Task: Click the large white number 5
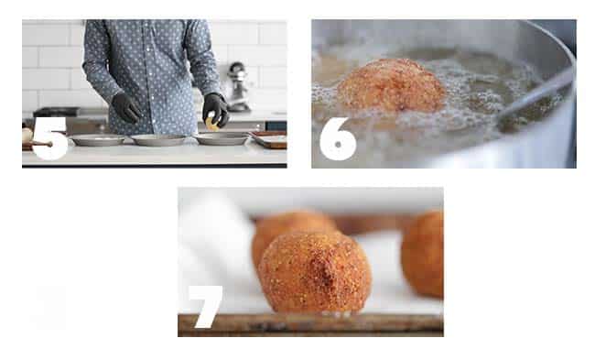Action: [x=50, y=138]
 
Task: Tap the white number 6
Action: [x=338, y=139]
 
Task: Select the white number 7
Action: [x=206, y=306]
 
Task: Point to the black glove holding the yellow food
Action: [x=215, y=109]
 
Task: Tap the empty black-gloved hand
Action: [x=126, y=108]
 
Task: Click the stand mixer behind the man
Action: [x=238, y=87]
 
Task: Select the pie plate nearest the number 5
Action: [x=98, y=140]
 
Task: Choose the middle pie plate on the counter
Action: [x=158, y=140]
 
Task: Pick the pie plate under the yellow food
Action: [x=222, y=138]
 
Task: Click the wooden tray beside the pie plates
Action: [x=269, y=139]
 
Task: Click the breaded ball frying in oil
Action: [x=391, y=86]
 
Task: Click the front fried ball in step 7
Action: [x=315, y=272]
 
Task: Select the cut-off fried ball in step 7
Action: [x=422, y=254]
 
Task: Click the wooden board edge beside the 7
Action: [x=310, y=325]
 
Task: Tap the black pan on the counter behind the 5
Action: [x=56, y=112]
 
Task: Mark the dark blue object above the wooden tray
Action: [x=276, y=125]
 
